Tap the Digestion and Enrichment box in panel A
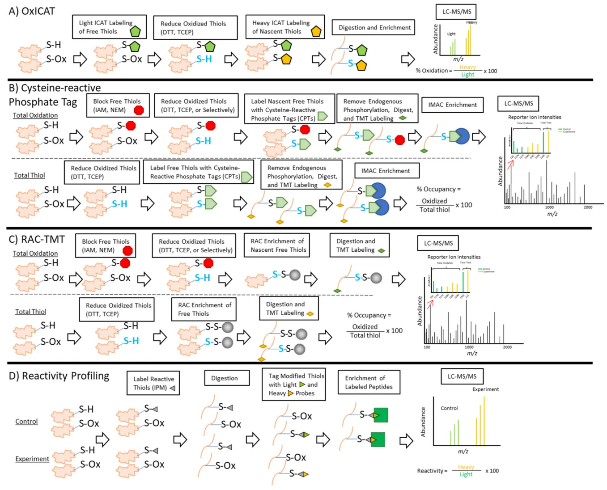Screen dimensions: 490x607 click(374, 27)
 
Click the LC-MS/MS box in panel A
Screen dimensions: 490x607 click(456, 12)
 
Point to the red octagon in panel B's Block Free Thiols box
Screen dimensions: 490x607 click(139, 110)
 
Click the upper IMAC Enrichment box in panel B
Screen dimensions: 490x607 click(452, 105)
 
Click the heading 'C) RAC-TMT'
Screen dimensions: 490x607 click(37, 239)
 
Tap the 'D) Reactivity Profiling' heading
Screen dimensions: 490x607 click(59, 376)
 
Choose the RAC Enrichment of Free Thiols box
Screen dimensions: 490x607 click(204, 309)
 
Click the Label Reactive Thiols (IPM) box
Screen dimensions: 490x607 click(153, 383)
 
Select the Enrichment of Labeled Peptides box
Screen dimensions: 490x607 click(369, 382)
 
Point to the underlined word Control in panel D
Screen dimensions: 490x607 click(26, 421)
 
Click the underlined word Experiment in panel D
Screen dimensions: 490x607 click(32, 459)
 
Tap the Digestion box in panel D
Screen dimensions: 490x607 click(225, 378)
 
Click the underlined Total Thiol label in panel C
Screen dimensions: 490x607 click(30, 312)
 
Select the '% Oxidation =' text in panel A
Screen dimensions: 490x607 click(434, 71)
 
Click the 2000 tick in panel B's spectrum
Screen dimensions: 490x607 click(588, 207)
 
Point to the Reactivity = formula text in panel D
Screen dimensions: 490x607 click(432, 471)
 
